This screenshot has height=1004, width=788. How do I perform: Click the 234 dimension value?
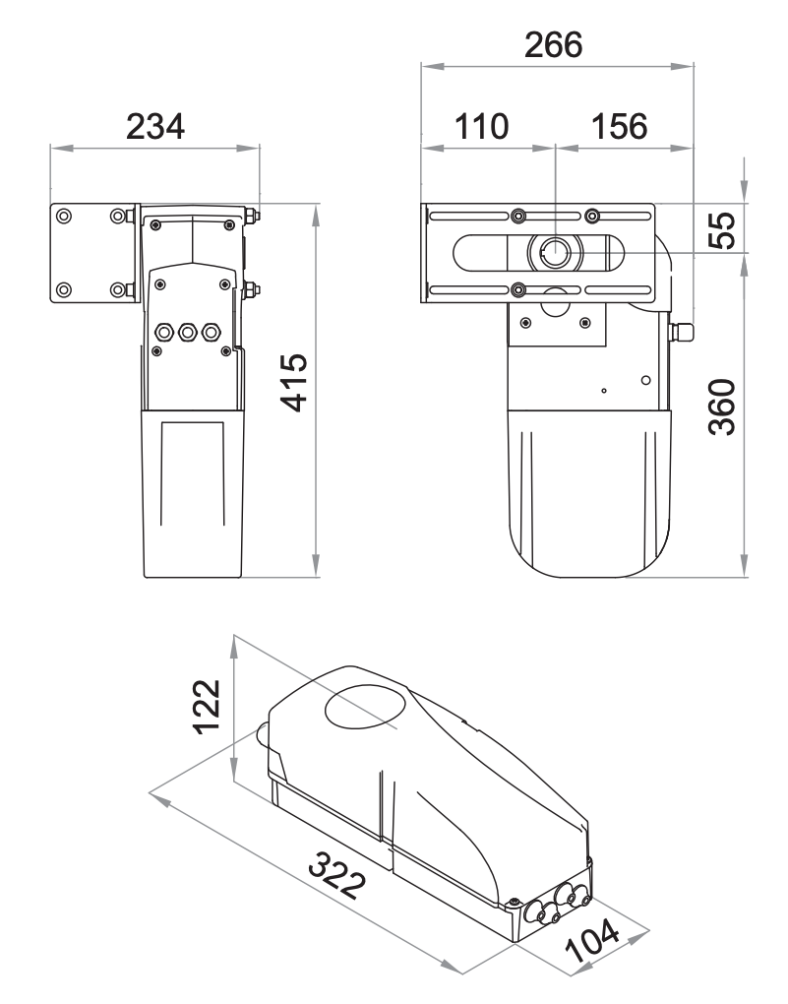(154, 126)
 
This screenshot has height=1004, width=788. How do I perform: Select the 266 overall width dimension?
(553, 45)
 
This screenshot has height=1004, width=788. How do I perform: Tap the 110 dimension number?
(481, 126)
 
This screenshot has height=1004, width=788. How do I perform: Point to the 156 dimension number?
(619, 126)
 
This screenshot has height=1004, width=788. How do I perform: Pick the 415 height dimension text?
(295, 382)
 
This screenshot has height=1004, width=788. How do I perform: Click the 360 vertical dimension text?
(723, 408)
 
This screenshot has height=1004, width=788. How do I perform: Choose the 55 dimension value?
(723, 230)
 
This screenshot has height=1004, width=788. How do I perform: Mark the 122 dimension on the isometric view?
(207, 707)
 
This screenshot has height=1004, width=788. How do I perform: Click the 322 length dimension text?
(337, 876)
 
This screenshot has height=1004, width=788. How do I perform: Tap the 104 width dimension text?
(593, 941)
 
